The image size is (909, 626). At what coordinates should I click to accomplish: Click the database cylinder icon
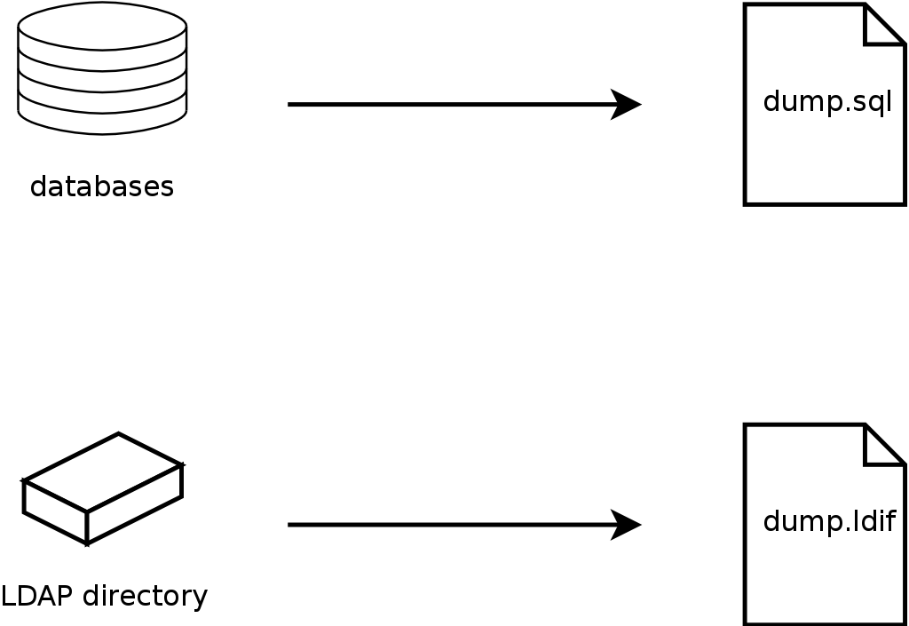click(102, 69)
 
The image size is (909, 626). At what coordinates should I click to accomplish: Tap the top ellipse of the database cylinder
click(102, 26)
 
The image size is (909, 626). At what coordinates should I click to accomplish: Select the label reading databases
click(102, 187)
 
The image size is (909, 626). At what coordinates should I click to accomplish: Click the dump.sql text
click(826, 102)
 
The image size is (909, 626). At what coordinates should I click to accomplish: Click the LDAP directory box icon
click(102, 488)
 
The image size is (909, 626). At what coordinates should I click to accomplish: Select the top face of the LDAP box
click(103, 471)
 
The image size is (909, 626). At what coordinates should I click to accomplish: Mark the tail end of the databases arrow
click(291, 105)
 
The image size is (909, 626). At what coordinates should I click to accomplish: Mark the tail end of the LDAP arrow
click(291, 525)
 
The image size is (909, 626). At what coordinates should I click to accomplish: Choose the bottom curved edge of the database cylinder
click(102, 133)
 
